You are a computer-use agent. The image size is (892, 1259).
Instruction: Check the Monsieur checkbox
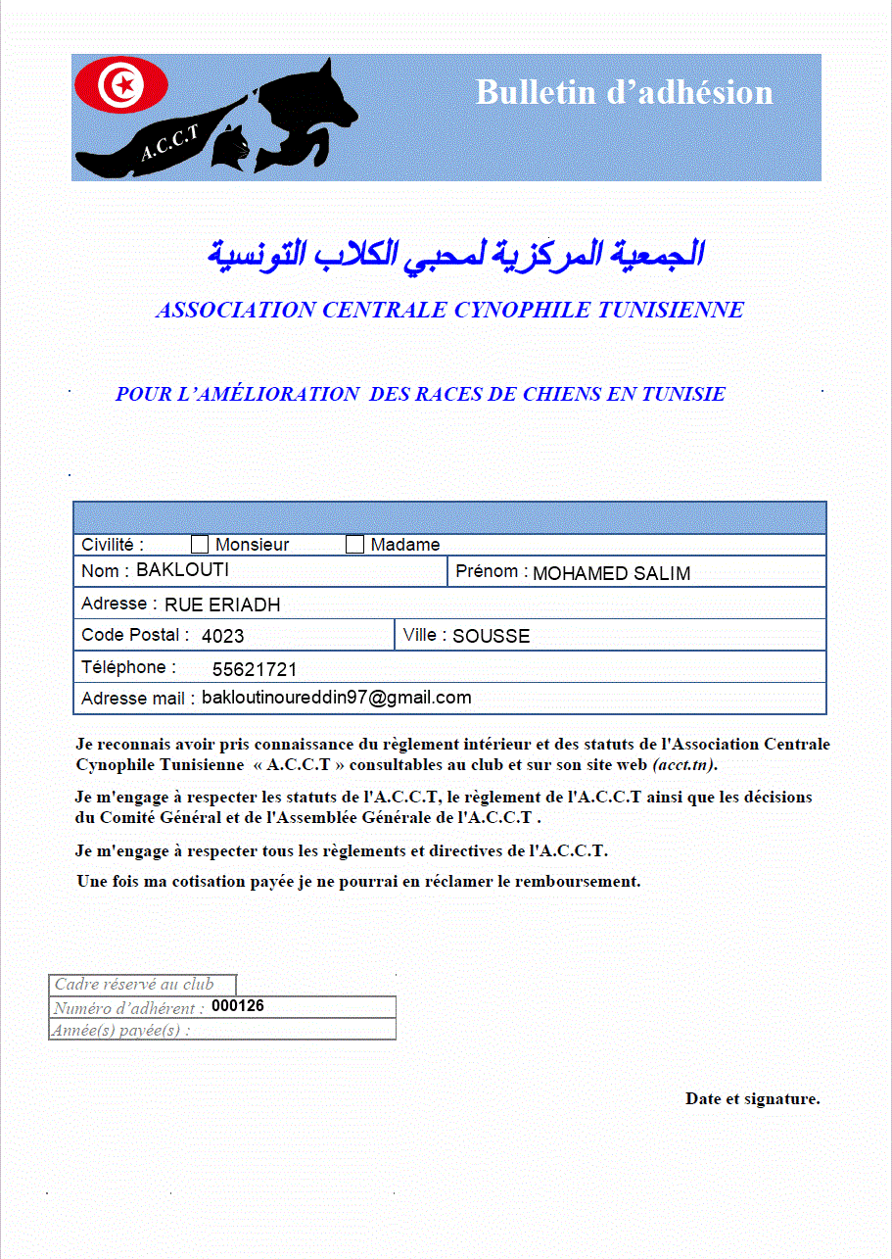200,545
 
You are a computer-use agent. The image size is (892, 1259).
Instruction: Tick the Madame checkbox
355,545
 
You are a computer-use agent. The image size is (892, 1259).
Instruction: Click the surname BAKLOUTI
183,569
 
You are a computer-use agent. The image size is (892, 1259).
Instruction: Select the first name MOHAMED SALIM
611,573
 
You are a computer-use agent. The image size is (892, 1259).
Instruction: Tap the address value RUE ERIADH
222,605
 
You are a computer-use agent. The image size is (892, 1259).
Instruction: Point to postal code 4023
223,636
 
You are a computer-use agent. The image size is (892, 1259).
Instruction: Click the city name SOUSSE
492,636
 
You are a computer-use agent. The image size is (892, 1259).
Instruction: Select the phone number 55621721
255,670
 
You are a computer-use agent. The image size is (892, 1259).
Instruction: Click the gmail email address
337,698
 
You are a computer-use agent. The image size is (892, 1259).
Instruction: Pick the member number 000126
238,1006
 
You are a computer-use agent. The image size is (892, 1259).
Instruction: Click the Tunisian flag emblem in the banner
122,85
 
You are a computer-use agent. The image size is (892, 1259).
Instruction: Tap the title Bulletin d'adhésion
625,92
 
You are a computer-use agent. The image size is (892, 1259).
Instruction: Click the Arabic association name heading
456,254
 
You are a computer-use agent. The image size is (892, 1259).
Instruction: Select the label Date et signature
752,1098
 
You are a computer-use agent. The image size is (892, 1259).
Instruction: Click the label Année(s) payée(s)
121,1030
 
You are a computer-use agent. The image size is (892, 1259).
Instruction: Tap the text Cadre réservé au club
134,985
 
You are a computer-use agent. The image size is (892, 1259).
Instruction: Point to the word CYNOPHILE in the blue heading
523,311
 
